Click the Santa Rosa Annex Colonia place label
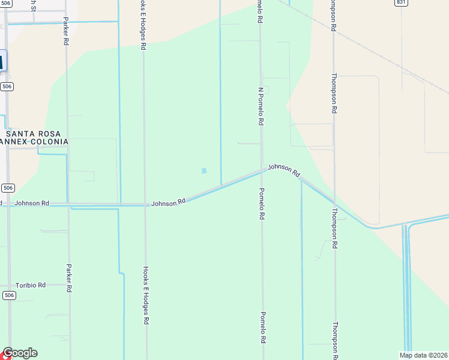pos(34,137)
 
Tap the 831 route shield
pos(401,2)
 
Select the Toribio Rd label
pos(31,285)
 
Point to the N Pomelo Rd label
pos(261,106)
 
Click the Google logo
pos(19,353)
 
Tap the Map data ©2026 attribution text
pos(423,355)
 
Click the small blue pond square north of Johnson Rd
pos(204,171)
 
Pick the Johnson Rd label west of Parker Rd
pos(32,203)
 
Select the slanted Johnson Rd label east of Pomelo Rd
pos(284,170)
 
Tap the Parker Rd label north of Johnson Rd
pos(66,32)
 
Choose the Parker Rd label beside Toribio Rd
pos(69,277)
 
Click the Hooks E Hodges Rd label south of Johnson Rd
pos(145,295)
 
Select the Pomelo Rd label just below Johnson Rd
pos(262,203)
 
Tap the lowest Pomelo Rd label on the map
pos(262,327)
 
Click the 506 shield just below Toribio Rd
pos(8,295)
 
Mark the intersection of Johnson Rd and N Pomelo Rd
pos(262,170)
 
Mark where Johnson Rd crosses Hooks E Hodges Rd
pos(145,205)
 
